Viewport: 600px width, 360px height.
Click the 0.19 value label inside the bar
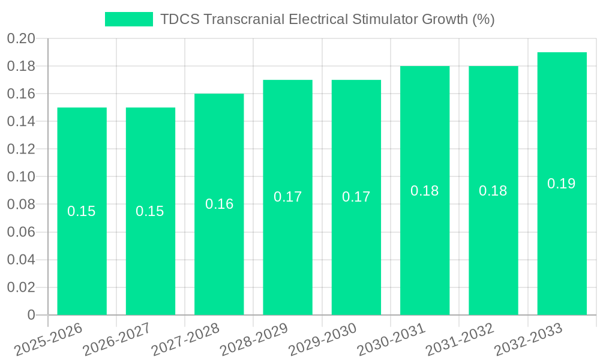(562, 184)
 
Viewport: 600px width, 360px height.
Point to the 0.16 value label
(219, 204)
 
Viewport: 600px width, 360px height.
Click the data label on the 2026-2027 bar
(150, 211)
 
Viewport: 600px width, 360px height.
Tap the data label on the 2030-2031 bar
(425, 191)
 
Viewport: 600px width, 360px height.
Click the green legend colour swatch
(128, 19)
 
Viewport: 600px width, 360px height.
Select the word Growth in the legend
(445, 19)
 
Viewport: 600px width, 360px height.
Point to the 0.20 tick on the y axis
(21, 39)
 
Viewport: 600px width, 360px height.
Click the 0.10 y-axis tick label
(21, 177)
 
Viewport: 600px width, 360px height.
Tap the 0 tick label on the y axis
(31, 315)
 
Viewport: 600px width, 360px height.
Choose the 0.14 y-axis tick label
(21, 122)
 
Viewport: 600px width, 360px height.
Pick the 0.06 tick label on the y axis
(21, 232)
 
